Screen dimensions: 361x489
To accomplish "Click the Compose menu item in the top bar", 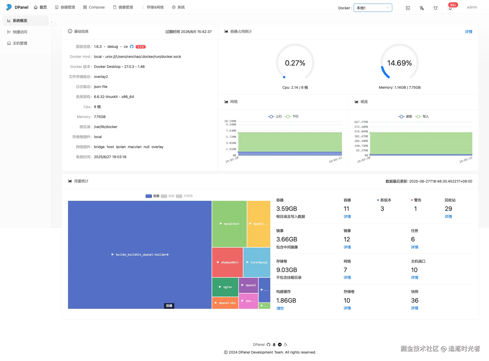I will [x=94, y=7].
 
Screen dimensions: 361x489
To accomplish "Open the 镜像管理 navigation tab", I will [x=123, y=7].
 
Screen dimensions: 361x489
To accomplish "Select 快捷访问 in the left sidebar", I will [x=20, y=32].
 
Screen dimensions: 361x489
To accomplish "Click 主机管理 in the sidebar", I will [x=20, y=43].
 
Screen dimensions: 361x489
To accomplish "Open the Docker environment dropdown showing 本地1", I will [x=373, y=8].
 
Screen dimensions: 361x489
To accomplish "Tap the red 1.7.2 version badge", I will [x=140, y=47].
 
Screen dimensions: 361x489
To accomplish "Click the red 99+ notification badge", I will [x=453, y=5].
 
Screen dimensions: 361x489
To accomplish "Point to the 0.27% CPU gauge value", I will [x=295, y=63].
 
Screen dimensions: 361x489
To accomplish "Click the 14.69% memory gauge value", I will [x=399, y=63].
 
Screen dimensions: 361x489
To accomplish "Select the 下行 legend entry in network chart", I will [x=292, y=116].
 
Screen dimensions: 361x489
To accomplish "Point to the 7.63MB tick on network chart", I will [x=231, y=131].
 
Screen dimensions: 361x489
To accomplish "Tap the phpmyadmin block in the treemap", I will [x=227, y=262].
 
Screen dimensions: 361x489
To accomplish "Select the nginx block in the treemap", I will [x=225, y=287].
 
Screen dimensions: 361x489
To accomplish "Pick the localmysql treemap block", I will [x=257, y=262].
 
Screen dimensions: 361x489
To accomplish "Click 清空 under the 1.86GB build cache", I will [x=280, y=308].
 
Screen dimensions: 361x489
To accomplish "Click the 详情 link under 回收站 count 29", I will [x=448, y=216].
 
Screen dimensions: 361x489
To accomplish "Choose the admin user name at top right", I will [x=472, y=7].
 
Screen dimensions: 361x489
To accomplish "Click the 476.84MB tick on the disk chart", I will [x=361, y=131].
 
